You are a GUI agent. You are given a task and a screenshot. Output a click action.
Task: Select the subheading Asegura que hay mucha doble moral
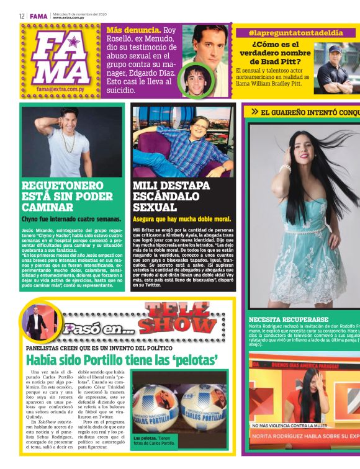181,219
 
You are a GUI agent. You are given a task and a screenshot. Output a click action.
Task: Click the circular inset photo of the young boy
197,79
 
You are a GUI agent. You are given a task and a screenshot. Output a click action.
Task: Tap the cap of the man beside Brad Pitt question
336,49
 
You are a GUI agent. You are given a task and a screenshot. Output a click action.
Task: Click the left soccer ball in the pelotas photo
154,406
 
